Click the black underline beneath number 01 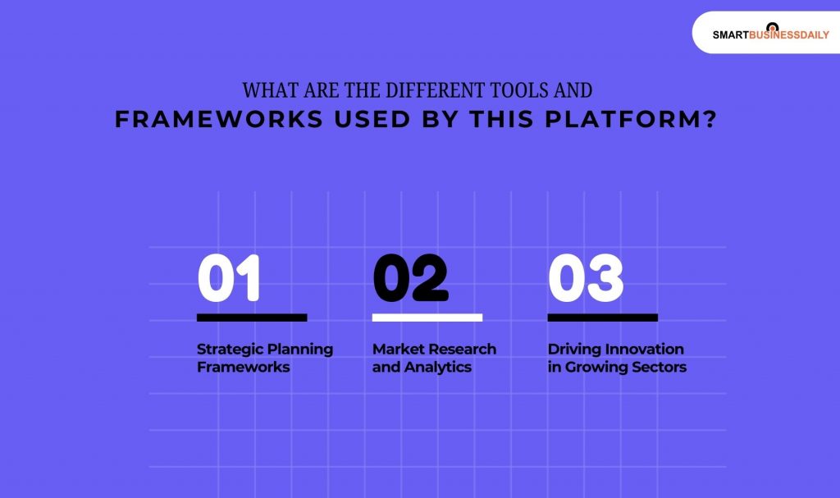coord(252,318)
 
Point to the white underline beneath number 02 coord(427,318)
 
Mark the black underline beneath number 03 coord(603,318)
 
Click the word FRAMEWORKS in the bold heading coord(218,120)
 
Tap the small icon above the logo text coord(771,26)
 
